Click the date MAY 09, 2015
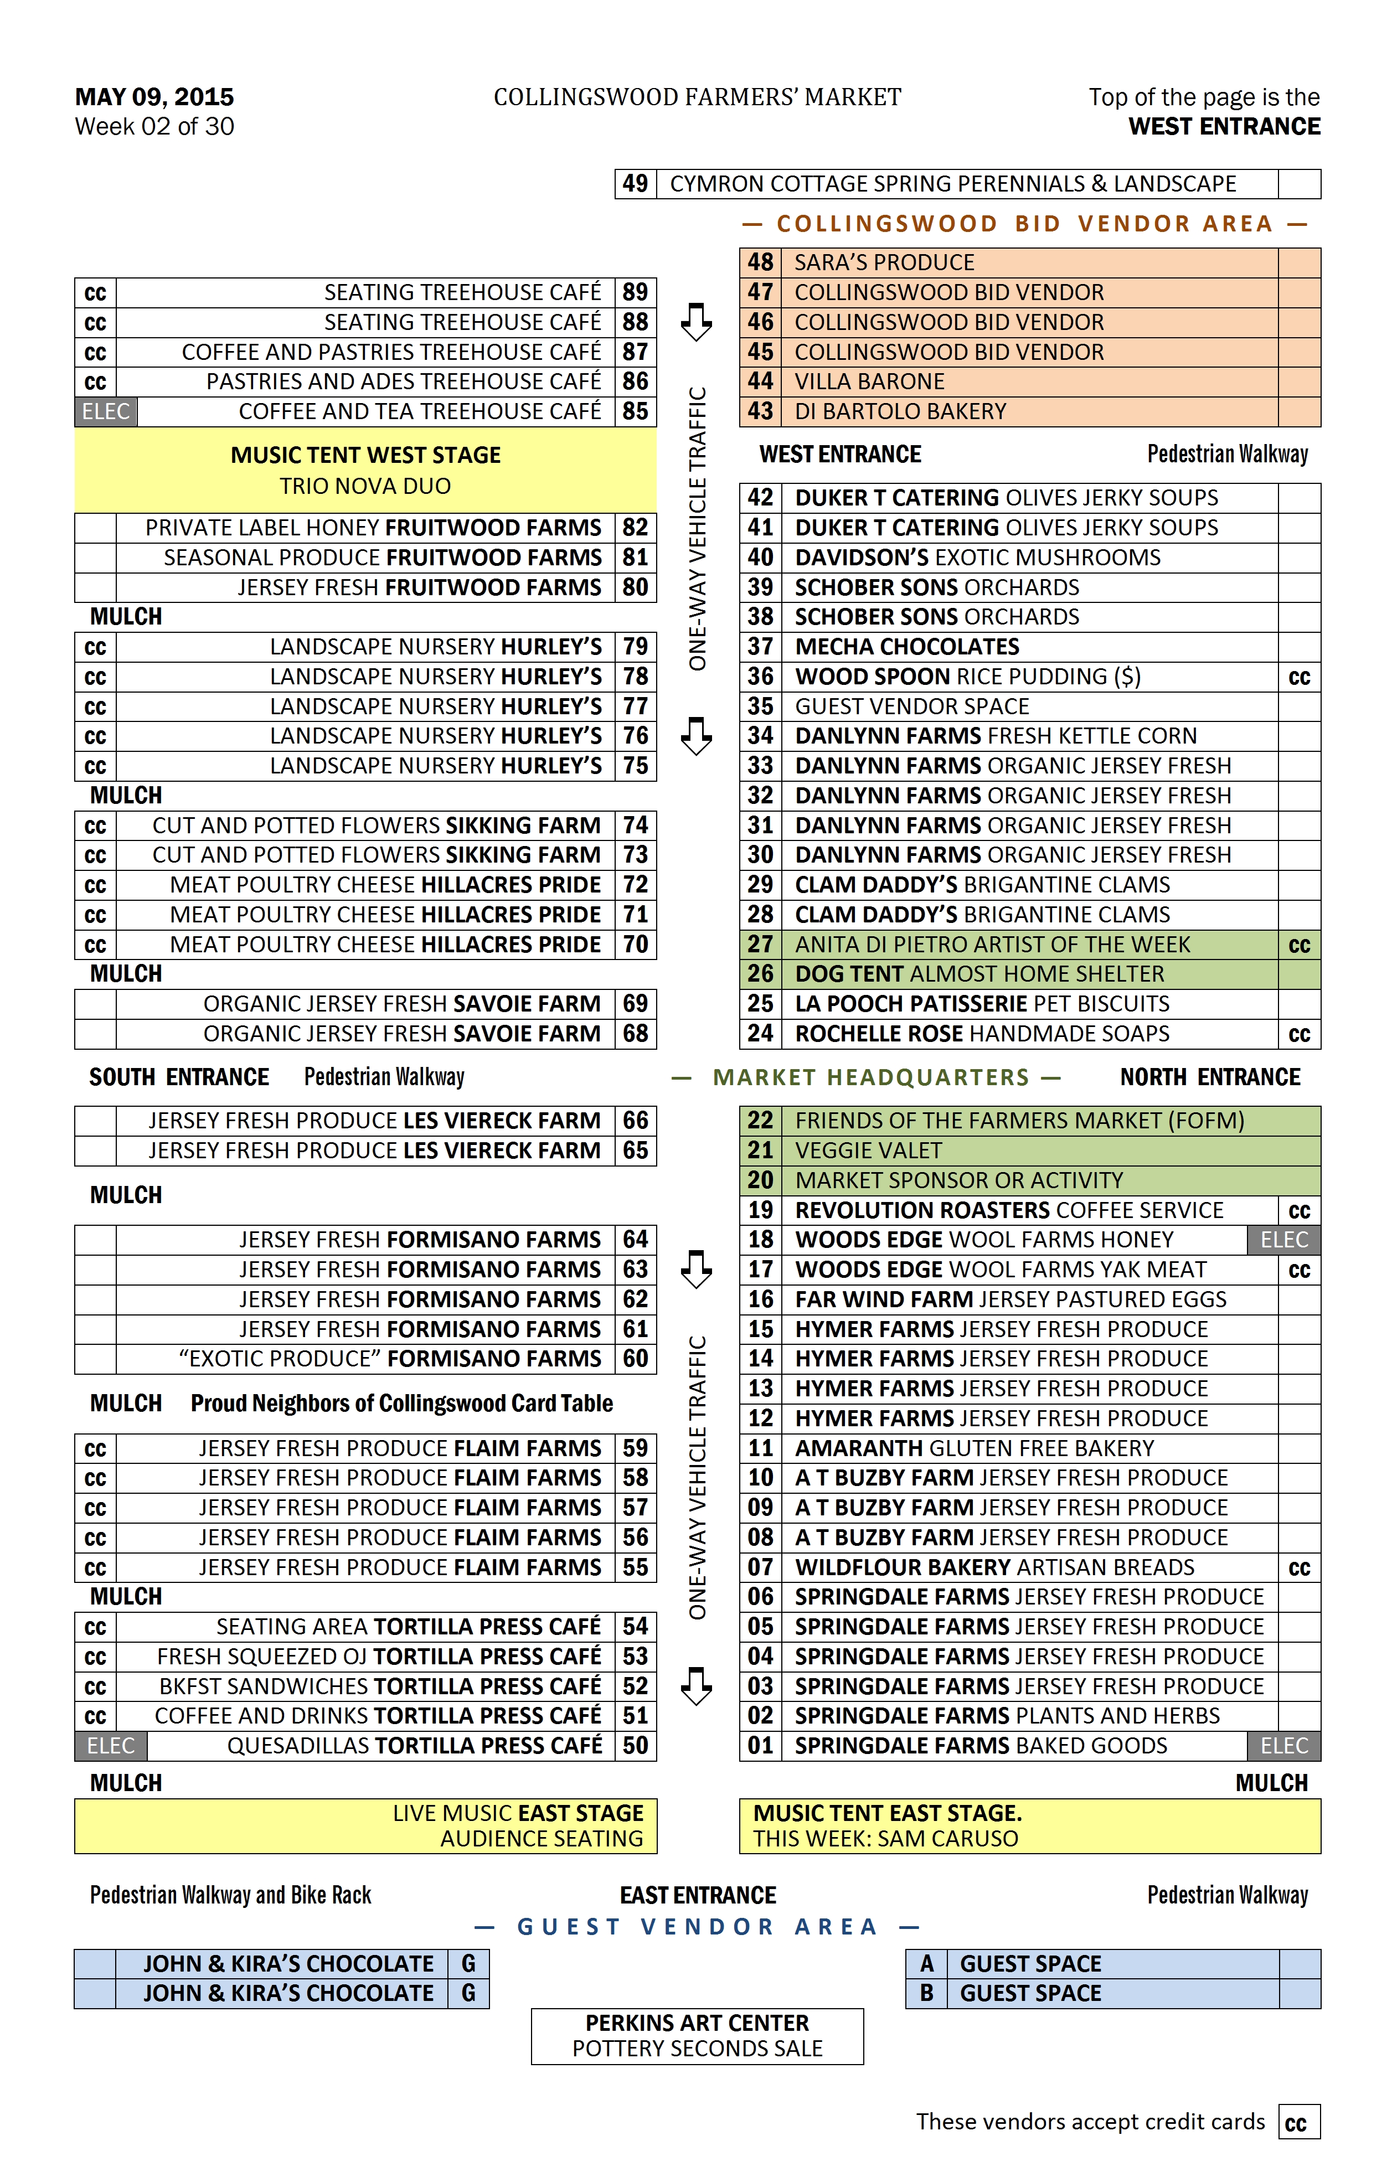click(x=154, y=97)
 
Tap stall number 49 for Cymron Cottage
click(x=636, y=183)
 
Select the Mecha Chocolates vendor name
click(x=906, y=647)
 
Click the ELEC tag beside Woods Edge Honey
click(x=1283, y=1240)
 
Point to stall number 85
click(x=636, y=411)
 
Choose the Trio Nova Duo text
click(x=365, y=486)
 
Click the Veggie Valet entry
click(x=868, y=1150)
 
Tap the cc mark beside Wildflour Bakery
click(x=1299, y=1567)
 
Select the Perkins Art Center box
click(x=697, y=2036)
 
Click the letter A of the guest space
click(x=926, y=1964)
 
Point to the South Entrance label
click(x=179, y=1077)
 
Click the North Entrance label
click(x=1209, y=1077)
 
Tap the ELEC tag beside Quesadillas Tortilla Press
click(x=110, y=1746)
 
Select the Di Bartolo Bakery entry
click(x=899, y=411)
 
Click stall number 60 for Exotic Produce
click(x=636, y=1359)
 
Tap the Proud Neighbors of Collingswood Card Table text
click(x=401, y=1403)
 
